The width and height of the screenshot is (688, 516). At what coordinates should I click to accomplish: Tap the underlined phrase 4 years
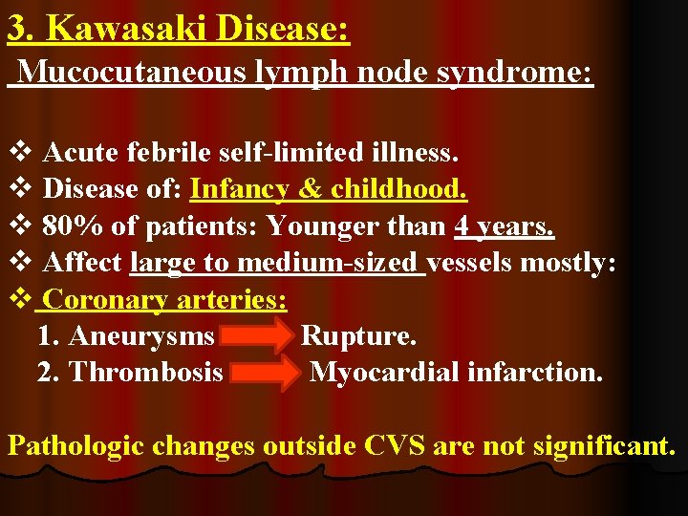505,226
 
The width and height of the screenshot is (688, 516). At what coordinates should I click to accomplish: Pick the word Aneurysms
142,336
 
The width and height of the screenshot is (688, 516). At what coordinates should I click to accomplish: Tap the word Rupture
358,336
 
